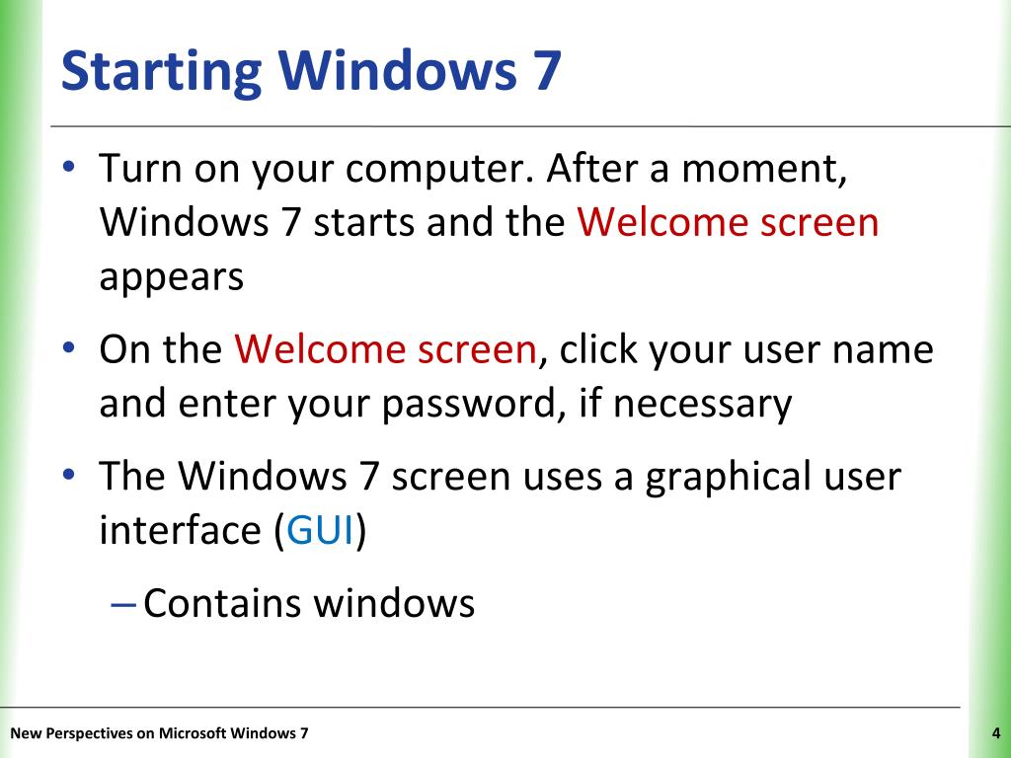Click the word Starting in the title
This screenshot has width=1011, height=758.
coord(161,72)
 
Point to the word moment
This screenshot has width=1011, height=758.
coord(764,170)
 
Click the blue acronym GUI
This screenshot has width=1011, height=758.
coord(320,530)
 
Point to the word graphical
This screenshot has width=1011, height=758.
coord(728,479)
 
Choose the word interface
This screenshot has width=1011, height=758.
coord(180,530)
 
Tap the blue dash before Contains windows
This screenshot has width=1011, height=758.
coord(123,605)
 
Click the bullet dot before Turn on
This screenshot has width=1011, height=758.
coord(69,166)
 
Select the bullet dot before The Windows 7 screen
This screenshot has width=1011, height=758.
coord(69,475)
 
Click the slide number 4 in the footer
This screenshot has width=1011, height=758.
coord(996,733)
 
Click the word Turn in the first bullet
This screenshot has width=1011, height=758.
coord(140,169)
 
